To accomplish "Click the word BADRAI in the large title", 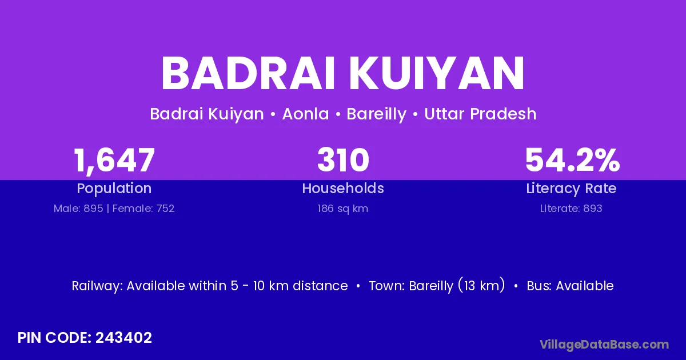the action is click(248, 74).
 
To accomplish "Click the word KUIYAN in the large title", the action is click(437, 74).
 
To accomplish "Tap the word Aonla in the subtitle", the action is click(305, 114).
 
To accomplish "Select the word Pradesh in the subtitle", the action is click(503, 114).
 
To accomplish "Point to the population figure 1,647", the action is click(114, 161).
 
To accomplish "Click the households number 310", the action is click(343, 160).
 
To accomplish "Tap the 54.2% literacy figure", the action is click(572, 160).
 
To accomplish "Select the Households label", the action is click(343, 188).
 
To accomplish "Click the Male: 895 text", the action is click(78, 209).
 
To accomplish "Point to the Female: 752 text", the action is click(143, 209).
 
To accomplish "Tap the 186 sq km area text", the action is click(342, 209).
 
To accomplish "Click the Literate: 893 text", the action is click(571, 209).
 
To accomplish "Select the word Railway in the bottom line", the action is click(97, 286).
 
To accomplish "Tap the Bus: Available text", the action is click(571, 286).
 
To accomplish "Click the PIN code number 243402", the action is click(123, 338).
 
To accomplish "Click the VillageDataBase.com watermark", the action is click(604, 345).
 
